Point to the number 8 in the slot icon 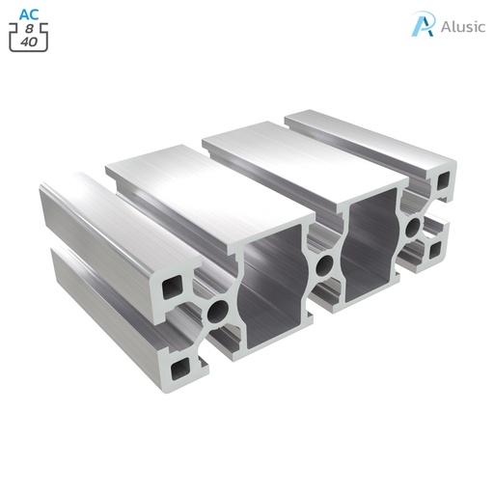coord(29,30)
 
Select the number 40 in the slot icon coord(29,42)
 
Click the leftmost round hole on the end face coord(219,311)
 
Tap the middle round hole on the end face coord(325,266)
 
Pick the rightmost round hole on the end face coord(413,229)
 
